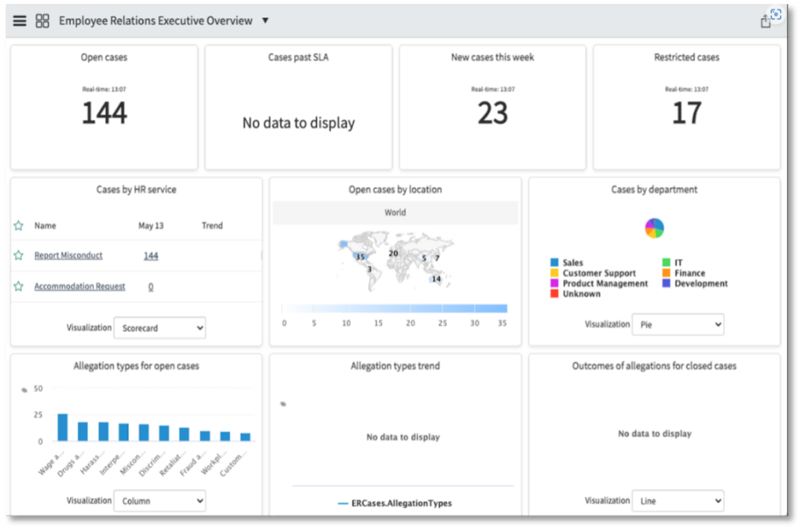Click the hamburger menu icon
(x=20, y=20)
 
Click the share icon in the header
(x=766, y=21)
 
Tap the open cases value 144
(x=105, y=113)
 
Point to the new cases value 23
(x=493, y=113)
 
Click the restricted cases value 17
(x=686, y=113)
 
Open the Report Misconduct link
(x=68, y=256)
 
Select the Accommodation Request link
(x=79, y=286)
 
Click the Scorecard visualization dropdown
(x=160, y=328)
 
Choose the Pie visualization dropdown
(x=678, y=324)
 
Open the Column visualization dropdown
(x=160, y=501)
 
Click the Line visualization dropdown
(x=678, y=501)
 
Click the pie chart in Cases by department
(x=654, y=228)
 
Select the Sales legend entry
(x=573, y=263)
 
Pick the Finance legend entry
(x=689, y=273)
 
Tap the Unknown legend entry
(x=582, y=294)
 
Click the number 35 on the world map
(x=360, y=257)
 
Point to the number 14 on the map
(x=436, y=279)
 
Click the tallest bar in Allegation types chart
(x=63, y=427)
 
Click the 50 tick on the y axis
(x=38, y=388)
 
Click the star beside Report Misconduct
(x=18, y=256)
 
